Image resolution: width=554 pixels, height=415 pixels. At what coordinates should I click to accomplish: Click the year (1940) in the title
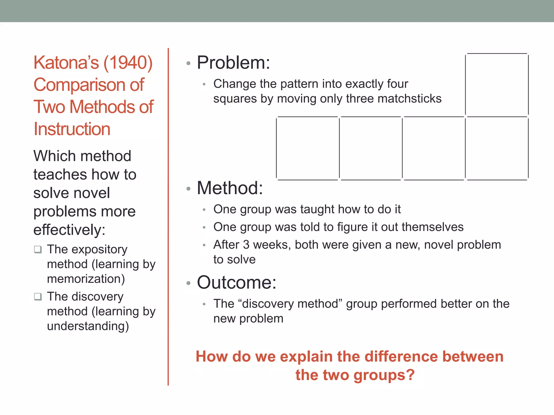128,63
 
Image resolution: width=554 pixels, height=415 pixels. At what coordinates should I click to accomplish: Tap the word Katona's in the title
66,63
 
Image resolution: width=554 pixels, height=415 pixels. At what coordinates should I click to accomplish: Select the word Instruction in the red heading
72,129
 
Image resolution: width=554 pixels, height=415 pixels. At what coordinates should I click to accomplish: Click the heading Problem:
233,62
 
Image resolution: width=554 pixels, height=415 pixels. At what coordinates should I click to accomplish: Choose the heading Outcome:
236,282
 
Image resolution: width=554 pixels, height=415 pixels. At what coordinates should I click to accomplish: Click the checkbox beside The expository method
38,249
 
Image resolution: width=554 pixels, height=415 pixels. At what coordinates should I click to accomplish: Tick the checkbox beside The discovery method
38,297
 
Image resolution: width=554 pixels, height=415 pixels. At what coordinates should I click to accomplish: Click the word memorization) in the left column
86,279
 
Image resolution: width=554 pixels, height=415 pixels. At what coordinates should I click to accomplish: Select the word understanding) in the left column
88,326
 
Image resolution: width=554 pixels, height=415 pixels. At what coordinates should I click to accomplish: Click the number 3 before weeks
246,245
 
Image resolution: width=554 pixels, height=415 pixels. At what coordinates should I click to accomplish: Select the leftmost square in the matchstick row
308,148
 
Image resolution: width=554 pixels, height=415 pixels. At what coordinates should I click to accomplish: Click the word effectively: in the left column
69,230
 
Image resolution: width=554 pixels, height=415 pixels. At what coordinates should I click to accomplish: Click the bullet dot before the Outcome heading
189,283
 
